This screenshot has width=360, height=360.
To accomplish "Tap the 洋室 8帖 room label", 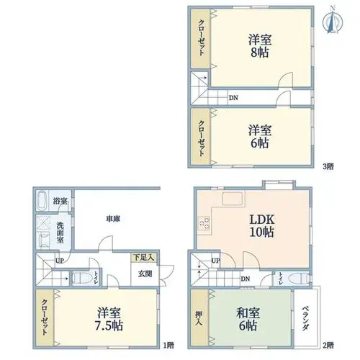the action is point(260,46).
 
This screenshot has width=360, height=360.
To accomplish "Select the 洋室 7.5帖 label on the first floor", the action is point(109,319).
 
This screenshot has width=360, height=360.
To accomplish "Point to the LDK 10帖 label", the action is point(262,225).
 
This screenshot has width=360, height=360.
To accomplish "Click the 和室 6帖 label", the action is point(248,319).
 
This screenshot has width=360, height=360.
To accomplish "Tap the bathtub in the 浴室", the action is point(42,200).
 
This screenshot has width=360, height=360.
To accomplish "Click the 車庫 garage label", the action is point(113,219).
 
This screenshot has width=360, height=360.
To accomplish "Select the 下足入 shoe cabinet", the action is point(144,257).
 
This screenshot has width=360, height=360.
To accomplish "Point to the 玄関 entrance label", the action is point(145,274).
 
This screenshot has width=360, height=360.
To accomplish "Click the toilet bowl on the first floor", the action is point(81,278).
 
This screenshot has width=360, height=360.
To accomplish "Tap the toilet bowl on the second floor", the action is point(299,279).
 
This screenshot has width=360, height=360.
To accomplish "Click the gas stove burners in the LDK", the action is point(204,223).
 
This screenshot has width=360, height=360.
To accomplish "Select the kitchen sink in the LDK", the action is point(232,199).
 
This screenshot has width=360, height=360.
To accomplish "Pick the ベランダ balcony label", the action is point(305,318).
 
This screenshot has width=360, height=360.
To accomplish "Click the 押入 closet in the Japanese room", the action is point(199,318).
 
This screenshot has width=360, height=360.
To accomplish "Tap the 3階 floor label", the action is point(328,166).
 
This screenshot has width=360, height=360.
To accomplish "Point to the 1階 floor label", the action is point(168,346).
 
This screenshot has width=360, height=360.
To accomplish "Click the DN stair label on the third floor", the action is point(233,98).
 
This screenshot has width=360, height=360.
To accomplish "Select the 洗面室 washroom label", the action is point(60,233).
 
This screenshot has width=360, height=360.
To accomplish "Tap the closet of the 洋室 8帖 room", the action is point(201,38).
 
